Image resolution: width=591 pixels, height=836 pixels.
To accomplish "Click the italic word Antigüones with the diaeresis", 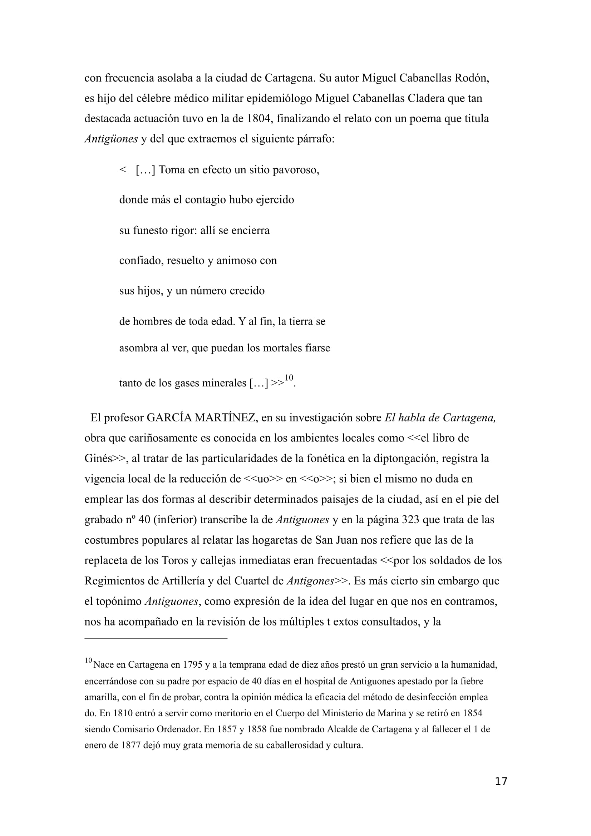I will click(111, 139).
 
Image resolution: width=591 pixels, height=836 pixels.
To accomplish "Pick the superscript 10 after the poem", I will click(289, 377).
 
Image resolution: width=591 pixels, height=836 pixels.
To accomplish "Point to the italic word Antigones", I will click(310, 581).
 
